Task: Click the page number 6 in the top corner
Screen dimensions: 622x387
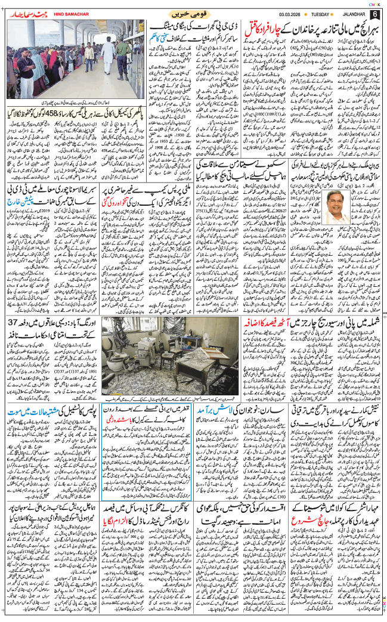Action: [374, 14]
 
